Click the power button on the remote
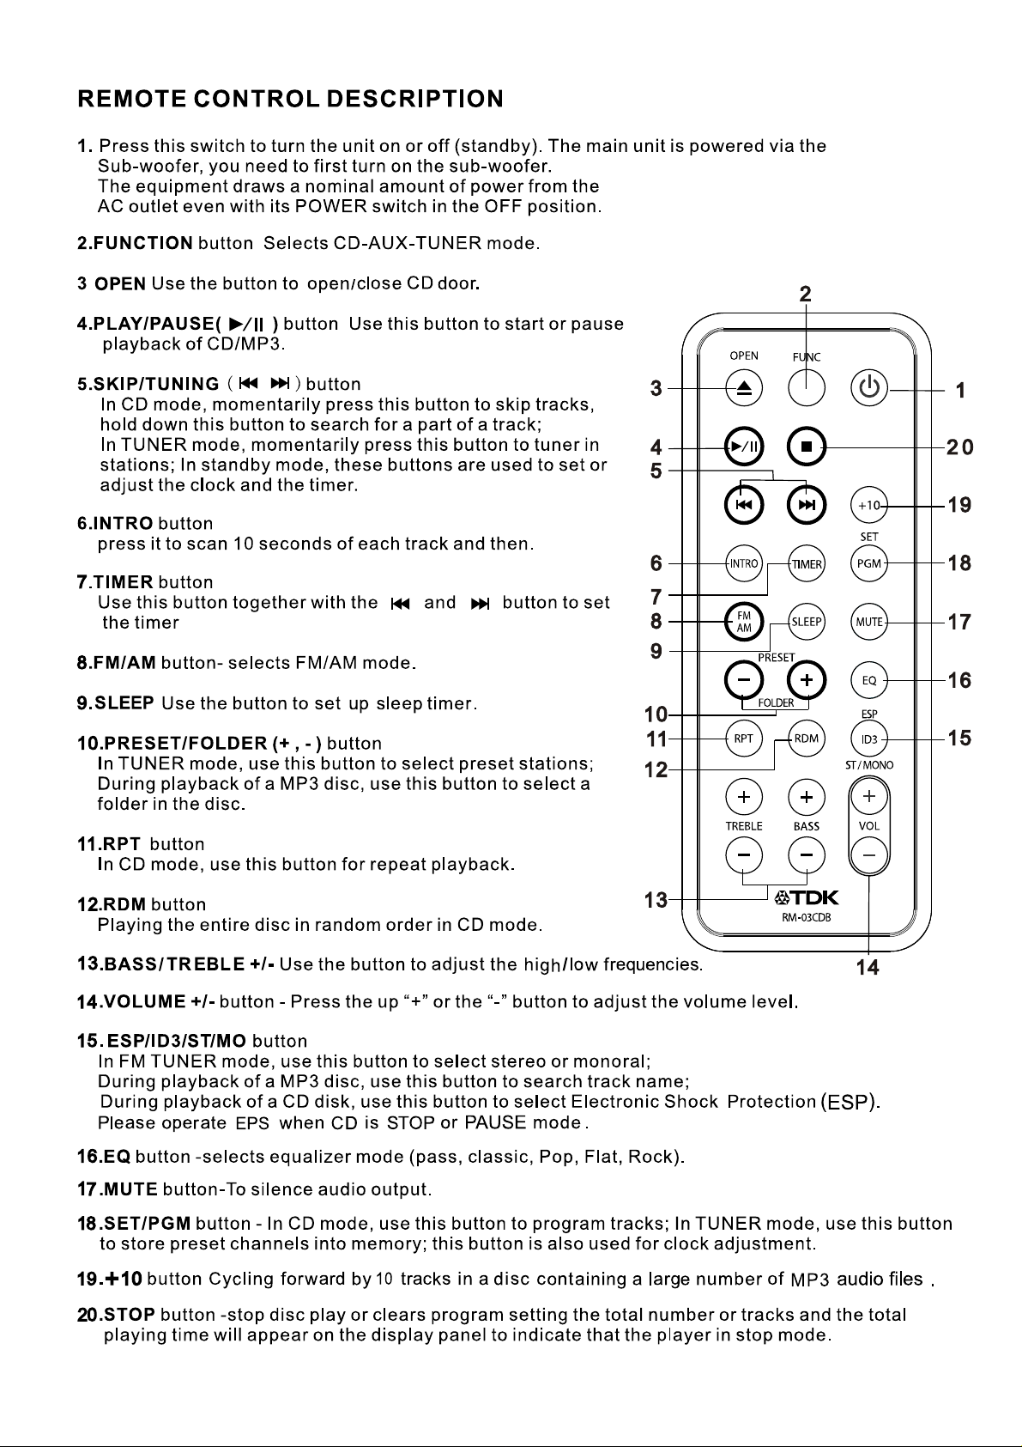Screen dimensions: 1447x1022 pos(869,388)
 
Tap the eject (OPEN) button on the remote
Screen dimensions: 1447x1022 pos(744,388)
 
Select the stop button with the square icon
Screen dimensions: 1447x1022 pos(806,447)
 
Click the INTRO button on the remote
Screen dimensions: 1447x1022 pos(744,564)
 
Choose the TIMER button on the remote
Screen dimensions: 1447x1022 pos(807,564)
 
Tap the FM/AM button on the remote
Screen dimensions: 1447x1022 pos(744,622)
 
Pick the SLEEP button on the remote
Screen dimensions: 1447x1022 pos(807,622)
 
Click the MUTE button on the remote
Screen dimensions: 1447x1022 pos(869,622)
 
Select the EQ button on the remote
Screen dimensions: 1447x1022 pos(869,680)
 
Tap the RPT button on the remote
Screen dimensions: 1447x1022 pos(744,738)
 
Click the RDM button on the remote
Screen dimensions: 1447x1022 pos(807,738)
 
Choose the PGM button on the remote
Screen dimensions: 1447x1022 pos(869,564)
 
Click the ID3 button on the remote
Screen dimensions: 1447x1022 pos(869,739)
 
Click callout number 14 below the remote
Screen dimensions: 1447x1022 pos(868,968)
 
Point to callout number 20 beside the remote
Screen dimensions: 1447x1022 pos(959,447)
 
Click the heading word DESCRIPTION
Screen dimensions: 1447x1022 pos(414,99)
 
